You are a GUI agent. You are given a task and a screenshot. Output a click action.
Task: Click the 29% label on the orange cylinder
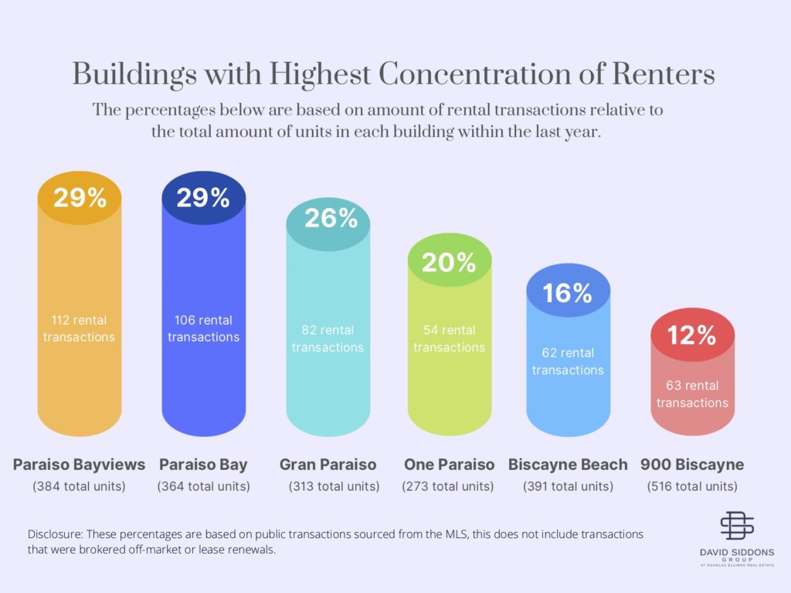80,198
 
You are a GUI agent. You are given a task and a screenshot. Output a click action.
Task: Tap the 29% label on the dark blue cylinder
203,198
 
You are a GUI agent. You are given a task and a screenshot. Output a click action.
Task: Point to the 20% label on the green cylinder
450,263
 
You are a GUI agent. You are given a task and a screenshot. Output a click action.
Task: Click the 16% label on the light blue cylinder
567,293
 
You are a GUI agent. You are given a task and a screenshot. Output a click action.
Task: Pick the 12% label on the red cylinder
692,335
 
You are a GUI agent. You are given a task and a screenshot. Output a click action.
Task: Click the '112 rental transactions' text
79,329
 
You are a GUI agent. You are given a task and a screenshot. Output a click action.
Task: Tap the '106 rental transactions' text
203,329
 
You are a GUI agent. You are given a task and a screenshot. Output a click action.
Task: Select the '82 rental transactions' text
328,339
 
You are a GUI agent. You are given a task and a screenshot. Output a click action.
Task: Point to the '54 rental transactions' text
449,339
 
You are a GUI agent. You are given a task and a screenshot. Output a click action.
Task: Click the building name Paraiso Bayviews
79,465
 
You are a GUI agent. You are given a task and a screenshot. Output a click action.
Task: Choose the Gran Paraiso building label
328,465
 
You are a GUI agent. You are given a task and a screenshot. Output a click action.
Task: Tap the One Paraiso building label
449,465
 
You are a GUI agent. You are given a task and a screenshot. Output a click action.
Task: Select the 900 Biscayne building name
692,465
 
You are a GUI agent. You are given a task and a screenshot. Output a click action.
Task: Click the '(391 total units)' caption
568,487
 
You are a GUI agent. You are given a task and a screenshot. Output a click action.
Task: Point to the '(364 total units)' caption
203,487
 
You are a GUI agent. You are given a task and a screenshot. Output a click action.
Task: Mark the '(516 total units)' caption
692,487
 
